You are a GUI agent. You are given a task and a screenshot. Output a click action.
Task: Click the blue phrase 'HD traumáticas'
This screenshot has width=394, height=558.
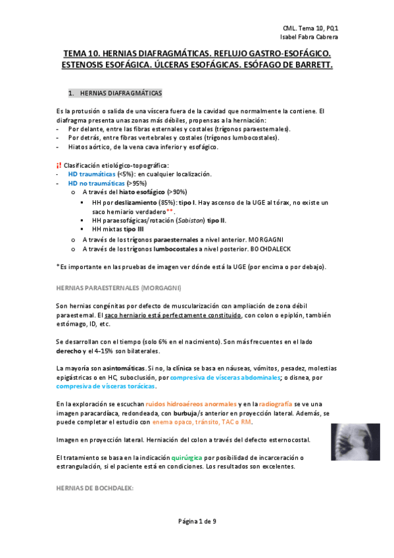point(91,174)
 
